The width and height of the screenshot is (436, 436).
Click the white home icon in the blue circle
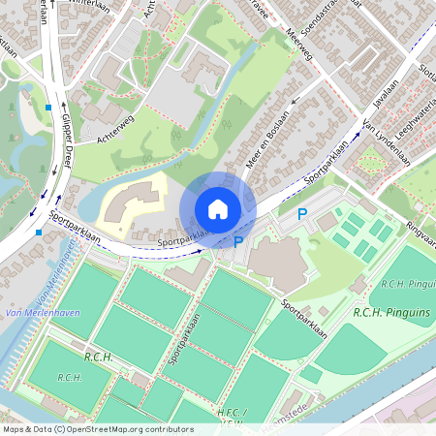tap(218, 208)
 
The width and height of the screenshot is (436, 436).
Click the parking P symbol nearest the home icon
tap(237, 242)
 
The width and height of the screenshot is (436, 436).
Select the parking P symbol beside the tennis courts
tap(302, 214)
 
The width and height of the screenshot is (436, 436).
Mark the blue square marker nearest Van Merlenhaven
tap(38, 233)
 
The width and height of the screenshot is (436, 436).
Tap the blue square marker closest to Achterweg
tap(47, 107)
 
